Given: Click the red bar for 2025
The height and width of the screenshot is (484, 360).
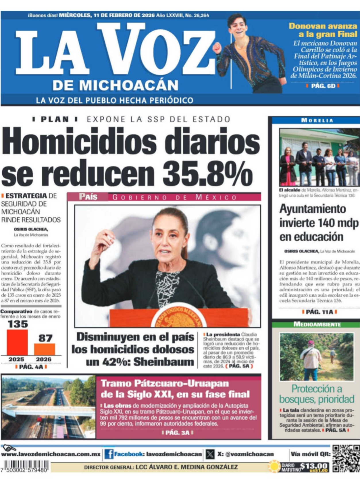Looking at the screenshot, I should tap(17, 342).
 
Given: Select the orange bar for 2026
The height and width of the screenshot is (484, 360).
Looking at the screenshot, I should tap(45, 349).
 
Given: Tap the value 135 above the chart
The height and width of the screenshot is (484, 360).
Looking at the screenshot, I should tap(18, 324).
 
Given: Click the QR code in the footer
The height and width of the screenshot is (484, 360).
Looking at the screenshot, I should tap(346, 458).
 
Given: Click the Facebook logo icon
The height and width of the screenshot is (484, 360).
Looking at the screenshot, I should tap(109, 454).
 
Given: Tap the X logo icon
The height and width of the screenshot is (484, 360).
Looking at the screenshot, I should tap(210, 454).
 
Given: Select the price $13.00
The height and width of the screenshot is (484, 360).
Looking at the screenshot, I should tap(314, 466).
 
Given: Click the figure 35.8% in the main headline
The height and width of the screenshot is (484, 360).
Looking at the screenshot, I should tap(207, 173).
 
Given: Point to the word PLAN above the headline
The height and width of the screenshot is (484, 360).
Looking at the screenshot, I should tap(55, 119).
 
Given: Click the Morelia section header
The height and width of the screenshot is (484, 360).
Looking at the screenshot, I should tap(317, 120).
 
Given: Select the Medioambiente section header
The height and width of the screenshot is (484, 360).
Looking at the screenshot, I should tap(317, 324).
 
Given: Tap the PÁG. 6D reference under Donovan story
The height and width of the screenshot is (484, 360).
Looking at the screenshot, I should tap(323, 86).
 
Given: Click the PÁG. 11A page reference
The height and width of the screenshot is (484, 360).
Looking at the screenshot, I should tap(319, 312).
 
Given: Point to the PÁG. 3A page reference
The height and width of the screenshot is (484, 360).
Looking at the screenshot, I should tap(177, 433).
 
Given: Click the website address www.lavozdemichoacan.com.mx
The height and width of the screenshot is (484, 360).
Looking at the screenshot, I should tap(51, 454).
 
